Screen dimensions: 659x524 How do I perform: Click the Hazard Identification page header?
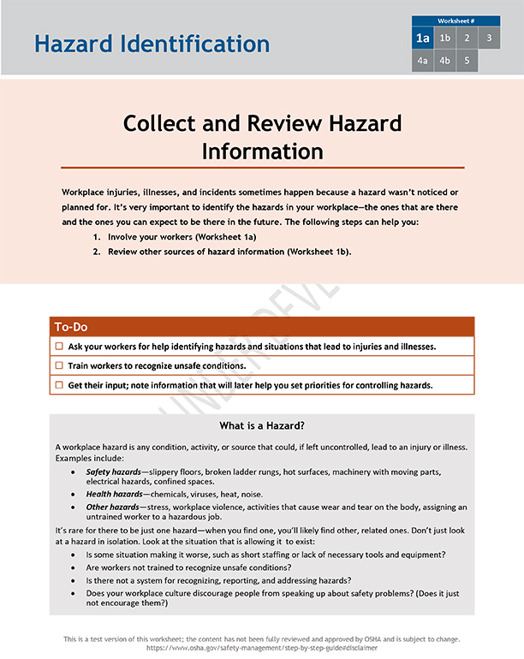point(152,44)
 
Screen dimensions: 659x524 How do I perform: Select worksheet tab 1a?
point(423,39)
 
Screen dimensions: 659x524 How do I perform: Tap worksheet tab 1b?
point(444,39)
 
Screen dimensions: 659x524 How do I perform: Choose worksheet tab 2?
point(467,39)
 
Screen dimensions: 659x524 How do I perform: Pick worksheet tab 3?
point(489,39)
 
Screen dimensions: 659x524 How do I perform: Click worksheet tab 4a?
point(423,61)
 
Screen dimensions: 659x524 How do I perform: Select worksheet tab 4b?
point(444,61)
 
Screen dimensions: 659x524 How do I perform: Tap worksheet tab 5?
point(467,61)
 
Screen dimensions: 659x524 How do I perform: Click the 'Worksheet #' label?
point(456,21)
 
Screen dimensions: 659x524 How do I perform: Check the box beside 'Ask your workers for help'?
point(59,347)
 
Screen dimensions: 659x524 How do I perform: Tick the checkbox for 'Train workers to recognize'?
point(59,365)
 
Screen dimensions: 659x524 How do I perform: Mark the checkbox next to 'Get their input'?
point(59,385)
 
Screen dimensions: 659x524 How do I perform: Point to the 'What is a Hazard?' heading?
point(262,426)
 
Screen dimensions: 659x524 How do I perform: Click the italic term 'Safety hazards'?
point(114,472)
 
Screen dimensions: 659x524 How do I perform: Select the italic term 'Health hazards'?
point(114,495)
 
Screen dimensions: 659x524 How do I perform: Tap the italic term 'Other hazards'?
point(112,508)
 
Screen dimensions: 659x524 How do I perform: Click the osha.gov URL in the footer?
point(262,648)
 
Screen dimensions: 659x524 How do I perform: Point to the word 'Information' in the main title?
point(262,151)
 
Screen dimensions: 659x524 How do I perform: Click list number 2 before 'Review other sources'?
point(97,252)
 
